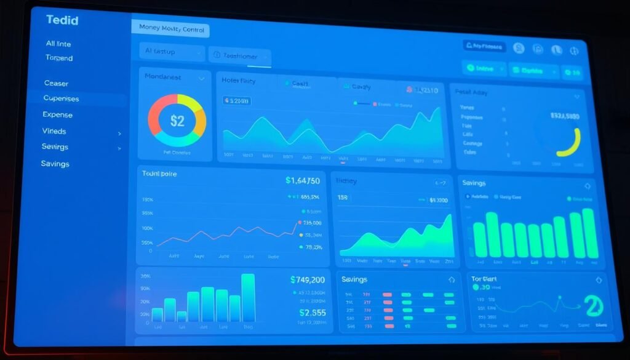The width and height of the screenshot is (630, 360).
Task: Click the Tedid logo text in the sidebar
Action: pos(62,20)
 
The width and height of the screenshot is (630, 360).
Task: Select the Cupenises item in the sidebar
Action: pos(61,98)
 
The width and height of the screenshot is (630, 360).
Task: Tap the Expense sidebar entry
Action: pos(57,114)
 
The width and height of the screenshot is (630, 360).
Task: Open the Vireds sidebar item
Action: pos(54,131)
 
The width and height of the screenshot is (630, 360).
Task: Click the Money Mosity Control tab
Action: pos(170,28)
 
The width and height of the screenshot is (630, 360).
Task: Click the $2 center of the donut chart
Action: pos(177,121)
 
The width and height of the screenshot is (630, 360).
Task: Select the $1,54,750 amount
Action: pos(302,181)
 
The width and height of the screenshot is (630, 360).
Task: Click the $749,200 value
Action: pos(307,279)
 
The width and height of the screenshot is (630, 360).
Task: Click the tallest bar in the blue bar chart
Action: pos(248,297)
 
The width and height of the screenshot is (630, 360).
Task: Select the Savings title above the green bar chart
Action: pos(474,183)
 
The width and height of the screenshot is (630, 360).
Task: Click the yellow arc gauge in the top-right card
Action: pos(572,144)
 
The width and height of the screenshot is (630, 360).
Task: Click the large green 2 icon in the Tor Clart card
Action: pos(593,305)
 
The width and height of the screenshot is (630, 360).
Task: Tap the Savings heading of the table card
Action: pos(354,279)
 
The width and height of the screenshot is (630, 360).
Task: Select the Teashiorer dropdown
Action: pos(240,56)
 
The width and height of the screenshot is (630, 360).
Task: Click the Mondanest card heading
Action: pos(162,77)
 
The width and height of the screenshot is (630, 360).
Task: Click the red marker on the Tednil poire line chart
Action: pos(300,222)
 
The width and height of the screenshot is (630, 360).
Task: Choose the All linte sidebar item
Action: pos(59,44)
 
